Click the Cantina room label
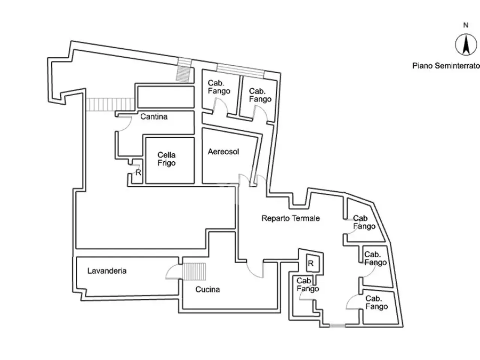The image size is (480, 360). click(154, 117)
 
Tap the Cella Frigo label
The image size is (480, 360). click(166, 159)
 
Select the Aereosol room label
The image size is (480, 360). click(223, 151)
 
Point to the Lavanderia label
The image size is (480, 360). click(107, 271)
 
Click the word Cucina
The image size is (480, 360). click(207, 289)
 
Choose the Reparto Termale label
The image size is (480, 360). click(291, 218)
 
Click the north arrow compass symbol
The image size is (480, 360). click(466, 45)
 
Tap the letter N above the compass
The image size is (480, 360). click(466, 25)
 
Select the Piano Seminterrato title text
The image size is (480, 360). click(446, 66)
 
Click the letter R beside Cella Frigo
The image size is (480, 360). click(138, 172)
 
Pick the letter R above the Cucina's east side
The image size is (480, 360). click(310, 264)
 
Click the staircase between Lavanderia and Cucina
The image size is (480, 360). click(194, 271)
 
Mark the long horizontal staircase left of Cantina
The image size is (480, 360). click(110, 105)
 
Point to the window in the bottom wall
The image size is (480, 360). click(337, 325)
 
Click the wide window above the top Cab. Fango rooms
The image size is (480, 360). click(240, 71)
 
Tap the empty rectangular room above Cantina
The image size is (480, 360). click(166, 97)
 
